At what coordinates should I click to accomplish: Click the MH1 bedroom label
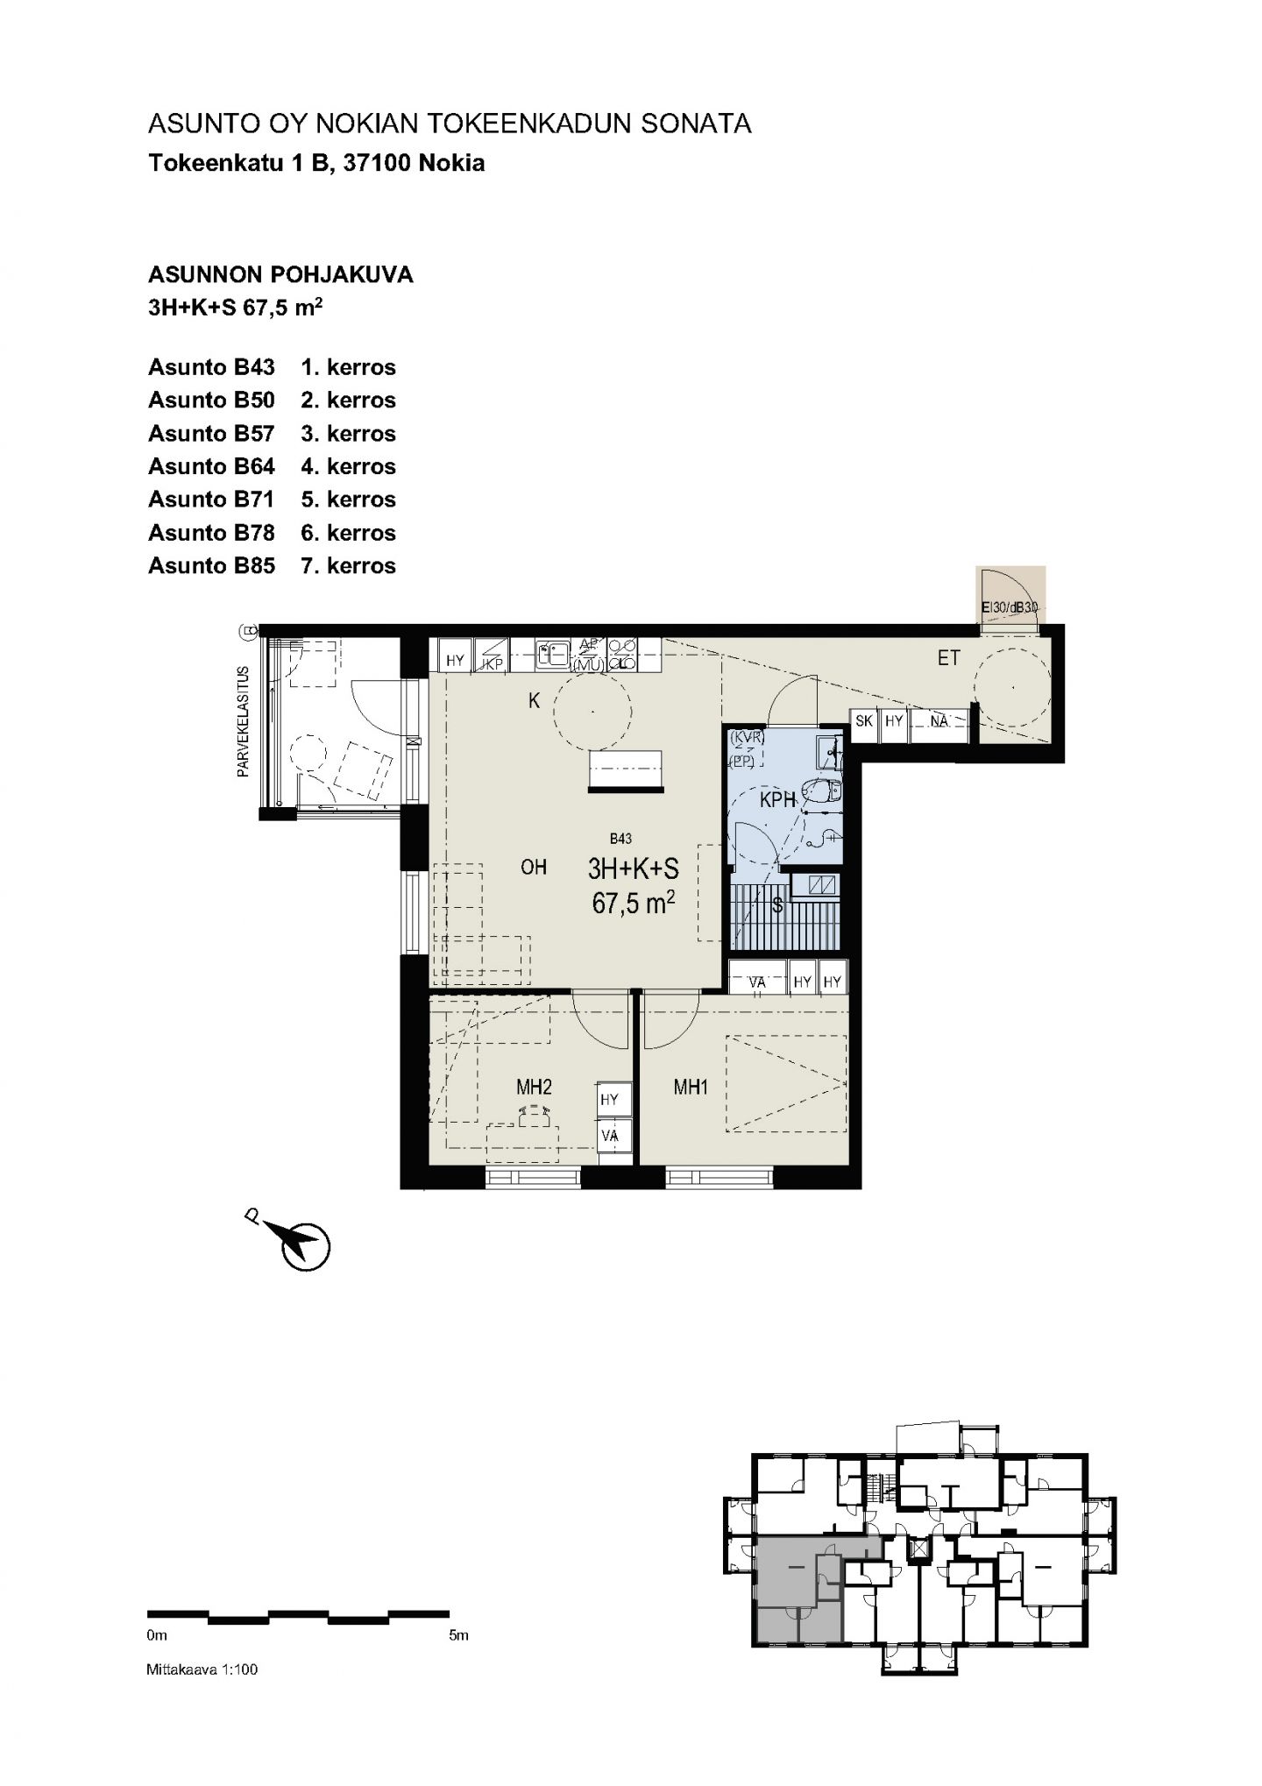[x=690, y=1088]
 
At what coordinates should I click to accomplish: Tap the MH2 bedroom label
[x=534, y=1088]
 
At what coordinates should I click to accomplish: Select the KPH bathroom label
[x=777, y=799]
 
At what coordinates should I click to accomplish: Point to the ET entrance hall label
[x=948, y=657]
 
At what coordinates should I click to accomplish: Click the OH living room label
[x=534, y=867]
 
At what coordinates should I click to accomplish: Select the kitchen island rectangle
[x=625, y=771]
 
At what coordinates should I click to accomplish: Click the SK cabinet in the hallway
[x=864, y=722]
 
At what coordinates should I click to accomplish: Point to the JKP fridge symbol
[x=492, y=655]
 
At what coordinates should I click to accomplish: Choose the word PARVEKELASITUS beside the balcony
[x=243, y=722]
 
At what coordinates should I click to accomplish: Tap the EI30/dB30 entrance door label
[x=1010, y=606]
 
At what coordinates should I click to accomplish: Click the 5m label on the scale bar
[x=458, y=1635]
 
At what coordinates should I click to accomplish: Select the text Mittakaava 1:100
[x=202, y=1669]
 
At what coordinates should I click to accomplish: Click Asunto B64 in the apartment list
[x=211, y=467]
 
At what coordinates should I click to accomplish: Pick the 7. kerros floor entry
[x=348, y=566]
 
